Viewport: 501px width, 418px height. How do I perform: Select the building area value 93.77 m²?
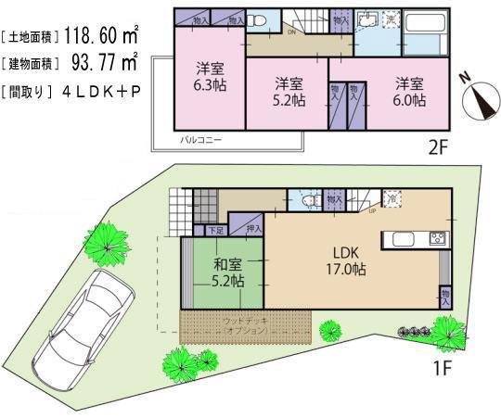click(101, 63)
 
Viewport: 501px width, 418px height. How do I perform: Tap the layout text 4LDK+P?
click(103, 92)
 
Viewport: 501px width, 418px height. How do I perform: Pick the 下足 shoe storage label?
click(215, 229)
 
